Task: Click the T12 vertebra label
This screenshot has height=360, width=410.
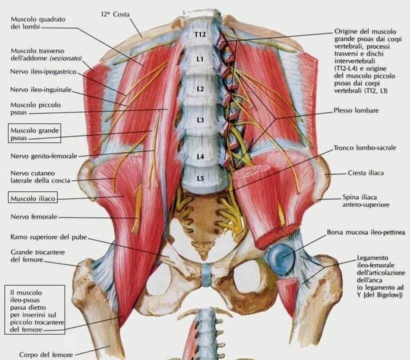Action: (200, 34)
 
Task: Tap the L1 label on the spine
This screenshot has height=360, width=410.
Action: (200, 59)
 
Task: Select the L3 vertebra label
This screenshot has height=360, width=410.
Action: (200, 120)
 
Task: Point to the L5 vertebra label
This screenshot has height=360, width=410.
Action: (200, 178)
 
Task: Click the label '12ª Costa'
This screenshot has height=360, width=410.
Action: (115, 14)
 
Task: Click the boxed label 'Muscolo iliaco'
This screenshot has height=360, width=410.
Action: (33, 198)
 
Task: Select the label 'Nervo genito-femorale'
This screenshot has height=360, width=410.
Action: (44, 156)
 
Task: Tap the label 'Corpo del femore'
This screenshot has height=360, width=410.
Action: (46, 354)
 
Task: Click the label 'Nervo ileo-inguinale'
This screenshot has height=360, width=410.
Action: (41, 90)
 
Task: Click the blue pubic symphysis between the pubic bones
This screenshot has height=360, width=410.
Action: (206, 275)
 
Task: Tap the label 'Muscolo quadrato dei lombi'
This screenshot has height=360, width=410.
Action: (38, 23)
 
